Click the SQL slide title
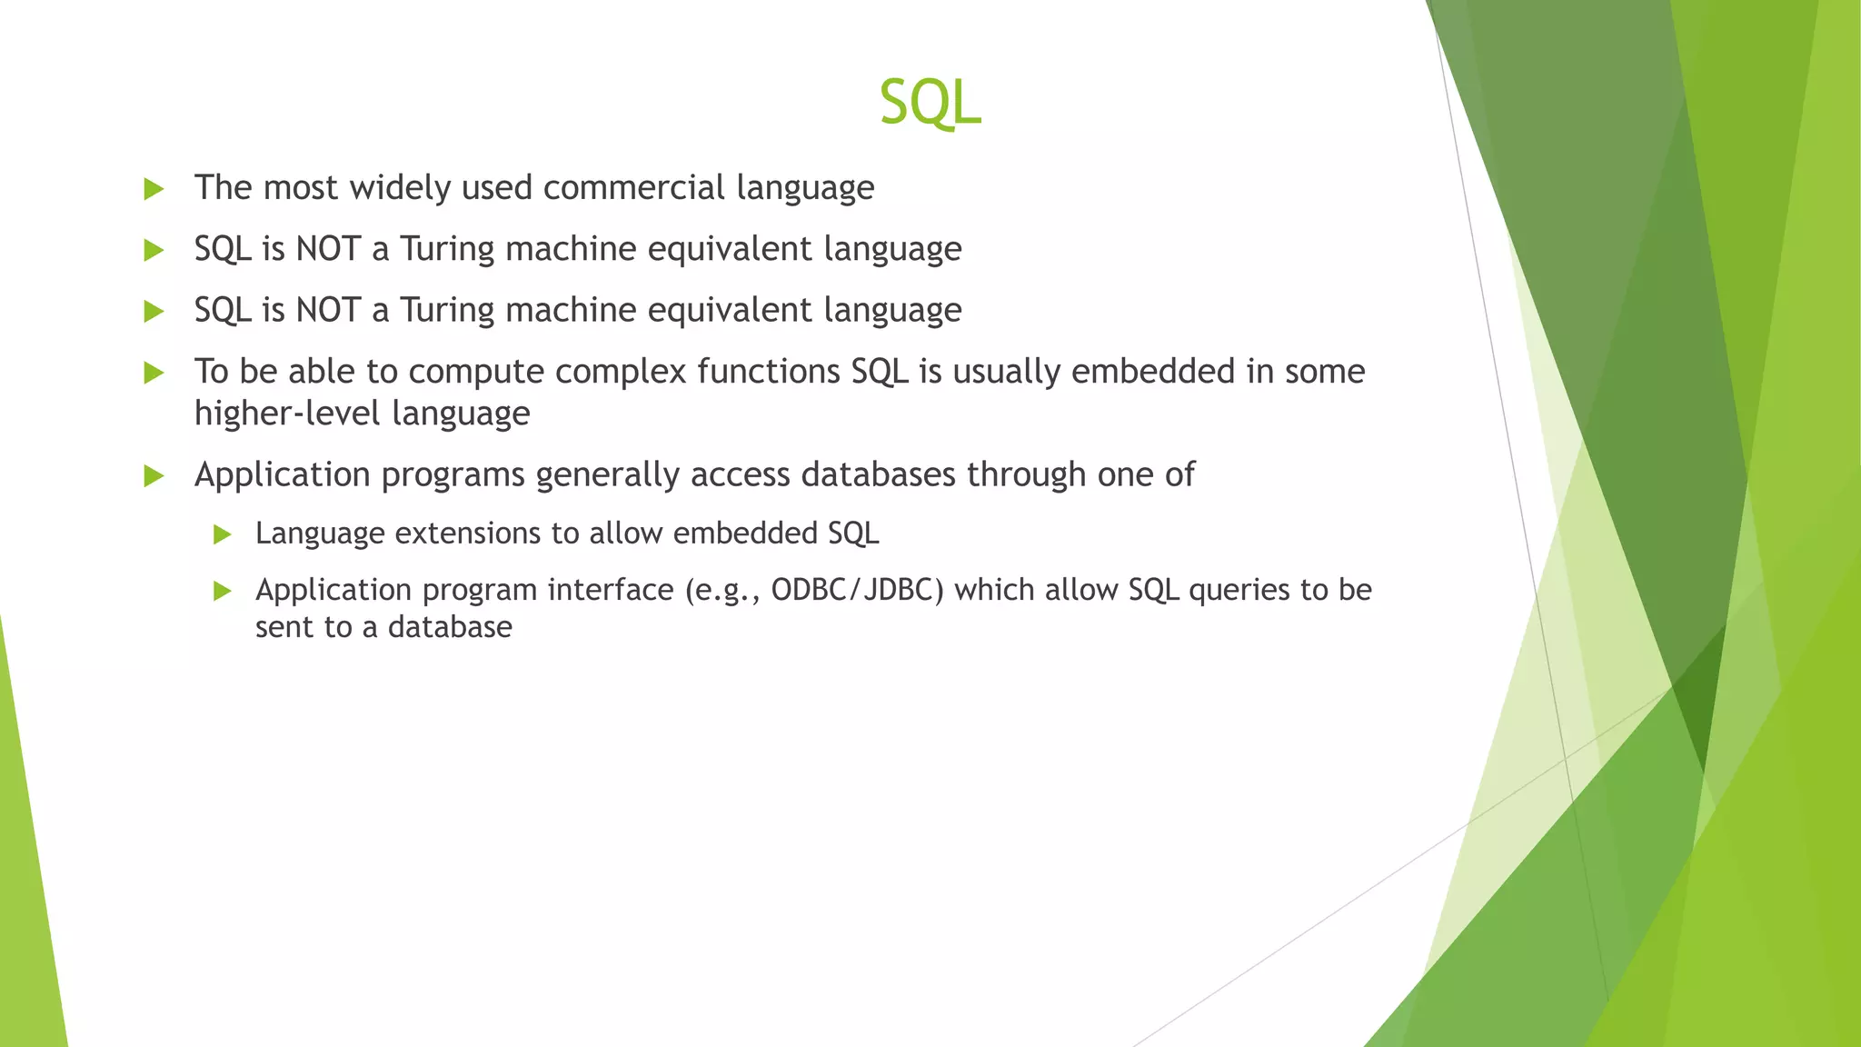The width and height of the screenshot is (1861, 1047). tap(930, 102)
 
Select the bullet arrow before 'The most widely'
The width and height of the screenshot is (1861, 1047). tap(154, 189)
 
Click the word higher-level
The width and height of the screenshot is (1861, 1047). tap(287, 414)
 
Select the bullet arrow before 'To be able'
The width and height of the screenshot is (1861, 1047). tap(154, 373)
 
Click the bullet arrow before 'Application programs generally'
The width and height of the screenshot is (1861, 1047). tap(154, 475)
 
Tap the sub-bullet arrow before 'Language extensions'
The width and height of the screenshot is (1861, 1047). tap(223, 534)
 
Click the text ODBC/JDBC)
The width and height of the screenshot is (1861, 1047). tap(857, 590)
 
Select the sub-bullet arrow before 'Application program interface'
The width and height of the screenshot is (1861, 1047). tap(223, 592)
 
